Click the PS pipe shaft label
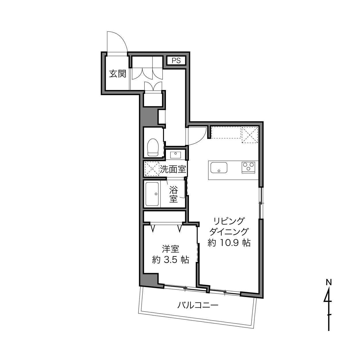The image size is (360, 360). (176, 61)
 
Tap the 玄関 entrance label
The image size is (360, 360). (118, 74)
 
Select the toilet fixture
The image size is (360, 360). (153, 148)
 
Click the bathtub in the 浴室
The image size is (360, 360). (152, 194)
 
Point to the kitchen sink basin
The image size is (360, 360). (219, 168)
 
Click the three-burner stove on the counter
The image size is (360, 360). (248, 167)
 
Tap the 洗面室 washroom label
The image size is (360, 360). (173, 169)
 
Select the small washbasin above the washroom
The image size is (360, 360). (175, 155)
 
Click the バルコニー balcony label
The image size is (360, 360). (198, 306)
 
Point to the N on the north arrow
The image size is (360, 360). (329, 282)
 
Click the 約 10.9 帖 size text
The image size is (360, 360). (229, 243)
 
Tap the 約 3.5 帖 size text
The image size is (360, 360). (171, 260)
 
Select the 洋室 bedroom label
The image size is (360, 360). (171, 249)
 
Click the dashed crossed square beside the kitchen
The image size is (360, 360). (250, 135)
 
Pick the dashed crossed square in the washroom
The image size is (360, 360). (152, 169)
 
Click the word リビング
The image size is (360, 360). (229, 221)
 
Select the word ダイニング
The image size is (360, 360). (229, 232)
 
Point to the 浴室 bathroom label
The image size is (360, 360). (174, 194)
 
